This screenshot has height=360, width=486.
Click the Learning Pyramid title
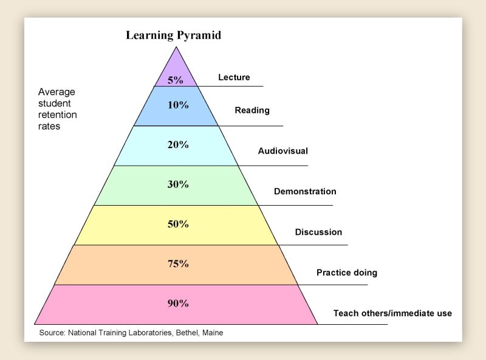[173, 35]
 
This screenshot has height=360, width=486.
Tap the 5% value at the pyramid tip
[176, 80]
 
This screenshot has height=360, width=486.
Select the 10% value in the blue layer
[178, 104]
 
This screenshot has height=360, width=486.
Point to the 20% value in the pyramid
[178, 144]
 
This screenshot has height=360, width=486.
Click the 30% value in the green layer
[178, 184]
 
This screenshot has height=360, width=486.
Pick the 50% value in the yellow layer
[178, 224]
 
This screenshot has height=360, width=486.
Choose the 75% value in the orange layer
[178, 263]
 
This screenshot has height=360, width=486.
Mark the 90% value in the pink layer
[178, 303]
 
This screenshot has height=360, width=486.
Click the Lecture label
[234, 77]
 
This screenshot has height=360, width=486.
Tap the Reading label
[252, 110]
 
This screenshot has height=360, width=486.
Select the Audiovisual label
[282, 151]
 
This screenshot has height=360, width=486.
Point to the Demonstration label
[305, 191]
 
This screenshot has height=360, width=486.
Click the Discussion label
[318, 232]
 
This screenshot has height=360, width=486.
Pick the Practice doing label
[347, 273]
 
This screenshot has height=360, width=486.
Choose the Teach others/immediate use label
[392, 313]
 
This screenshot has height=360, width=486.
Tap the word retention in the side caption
[58, 115]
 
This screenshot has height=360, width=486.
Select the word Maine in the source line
[211, 333]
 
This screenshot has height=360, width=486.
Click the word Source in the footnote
[52, 333]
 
